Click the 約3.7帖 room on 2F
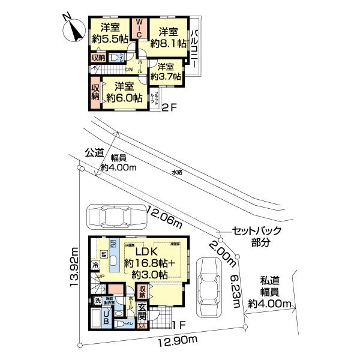pyautogui.click(x=163, y=71)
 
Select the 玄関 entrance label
pyautogui.click(x=143, y=311)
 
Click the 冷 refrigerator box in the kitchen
pyautogui.click(x=96, y=265)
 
